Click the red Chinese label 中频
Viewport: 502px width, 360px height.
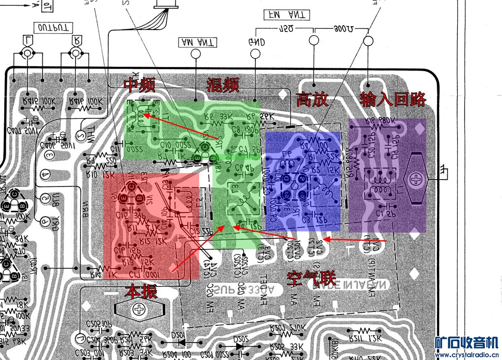(x=139, y=85)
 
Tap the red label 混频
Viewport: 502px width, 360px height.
(x=222, y=85)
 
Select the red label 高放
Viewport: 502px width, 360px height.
(x=312, y=99)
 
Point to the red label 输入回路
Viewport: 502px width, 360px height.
(x=393, y=99)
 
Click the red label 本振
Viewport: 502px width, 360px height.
(x=140, y=291)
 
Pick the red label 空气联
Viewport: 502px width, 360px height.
(x=311, y=278)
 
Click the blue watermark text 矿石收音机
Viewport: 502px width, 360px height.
(x=466, y=343)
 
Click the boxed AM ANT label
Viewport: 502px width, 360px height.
(x=198, y=42)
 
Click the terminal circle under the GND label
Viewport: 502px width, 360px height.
(x=255, y=53)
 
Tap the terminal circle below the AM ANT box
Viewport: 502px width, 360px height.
(x=196, y=53)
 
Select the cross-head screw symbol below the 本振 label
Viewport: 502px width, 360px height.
(x=138, y=310)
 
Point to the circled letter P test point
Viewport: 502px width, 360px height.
(x=45, y=220)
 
